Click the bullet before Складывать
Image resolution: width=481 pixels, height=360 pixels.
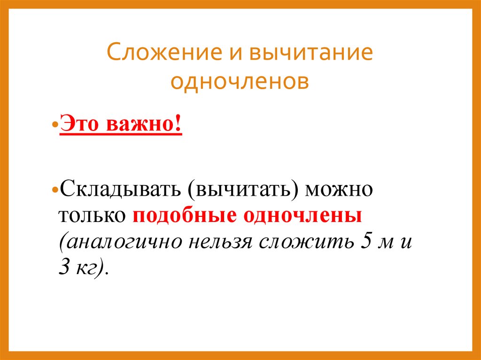tap(55, 192)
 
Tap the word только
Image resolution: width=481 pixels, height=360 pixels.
tap(92, 216)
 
